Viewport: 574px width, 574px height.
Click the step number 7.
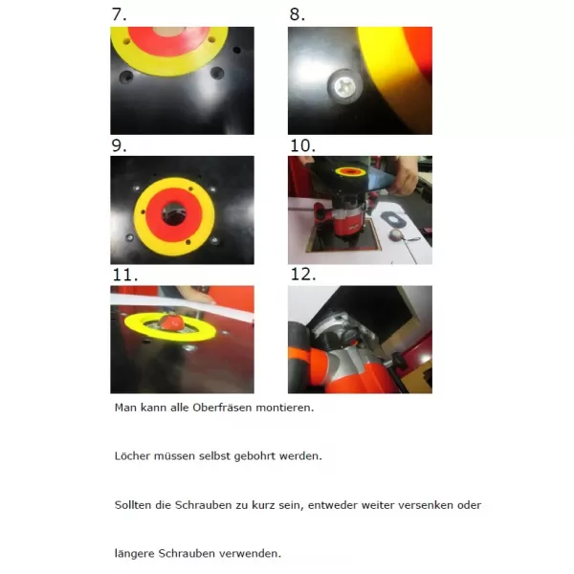click(x=119, y=14)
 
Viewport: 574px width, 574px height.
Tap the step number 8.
click(x=297, y=14)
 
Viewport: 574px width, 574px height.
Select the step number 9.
click(x=119, y=145)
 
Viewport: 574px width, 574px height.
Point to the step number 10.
click(x=302, y=145)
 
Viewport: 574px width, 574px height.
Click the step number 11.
click(x=125, y=275)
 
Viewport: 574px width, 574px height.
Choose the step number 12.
click(x=303, y=275)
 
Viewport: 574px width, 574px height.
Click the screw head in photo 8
click(x=344, y=86)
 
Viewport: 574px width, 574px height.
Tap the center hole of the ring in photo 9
click(x=174, y=213)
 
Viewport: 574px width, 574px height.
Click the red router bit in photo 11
click(x=171, y=322)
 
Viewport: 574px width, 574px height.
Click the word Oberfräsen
click(x=222, y=408)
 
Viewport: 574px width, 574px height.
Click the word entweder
click(x=332, y=505)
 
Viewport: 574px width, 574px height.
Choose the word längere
click(x=134, y=554)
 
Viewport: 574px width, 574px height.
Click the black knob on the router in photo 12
click(x=400, y=362)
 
